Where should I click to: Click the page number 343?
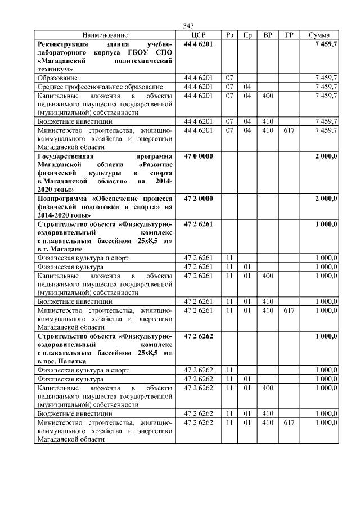(188, 26)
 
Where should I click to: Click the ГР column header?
(289, 35)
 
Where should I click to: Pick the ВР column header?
(268, 35)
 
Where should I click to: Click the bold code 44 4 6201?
(199, 44)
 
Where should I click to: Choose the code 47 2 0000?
(199, 199)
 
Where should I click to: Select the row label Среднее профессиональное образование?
(100, 87)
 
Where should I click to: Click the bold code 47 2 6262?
(199, 336)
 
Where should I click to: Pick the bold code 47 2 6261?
(199, 224)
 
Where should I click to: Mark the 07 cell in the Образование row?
(229, 78)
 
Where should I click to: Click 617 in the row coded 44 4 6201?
(289, 130)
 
